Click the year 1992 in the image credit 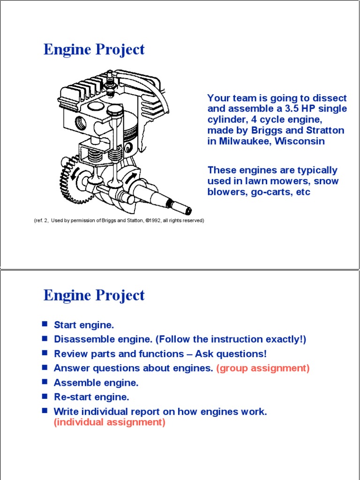coord(154,220)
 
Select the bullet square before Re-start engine coord(45,397)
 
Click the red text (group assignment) coord(263,368)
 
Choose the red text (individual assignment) coord(110,422)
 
